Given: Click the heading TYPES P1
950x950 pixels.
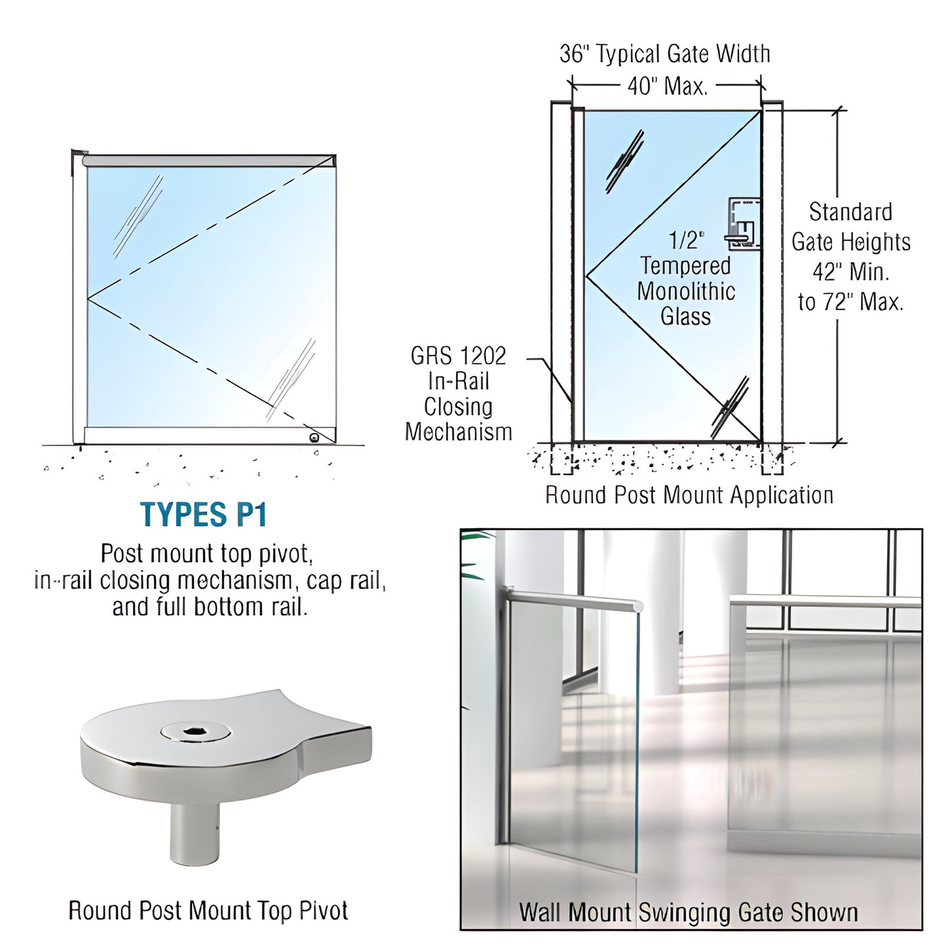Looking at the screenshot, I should (x=204, y=515).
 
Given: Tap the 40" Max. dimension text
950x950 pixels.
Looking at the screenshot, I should (x=667, y=86).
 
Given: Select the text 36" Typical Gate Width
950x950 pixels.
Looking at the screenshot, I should (x=665, y=54).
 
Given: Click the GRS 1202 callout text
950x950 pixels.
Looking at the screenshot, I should (x=458, y=356).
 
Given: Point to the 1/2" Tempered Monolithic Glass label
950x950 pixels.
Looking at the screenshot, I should (x=686, y=279).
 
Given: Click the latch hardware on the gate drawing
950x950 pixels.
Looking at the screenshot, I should (x=743, y=224).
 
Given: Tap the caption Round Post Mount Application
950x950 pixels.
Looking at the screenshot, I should (x=689, y=495).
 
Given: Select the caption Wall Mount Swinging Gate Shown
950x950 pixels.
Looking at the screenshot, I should (x=688, y=913).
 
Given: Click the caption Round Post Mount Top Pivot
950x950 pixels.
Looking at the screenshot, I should (x=208, y=911).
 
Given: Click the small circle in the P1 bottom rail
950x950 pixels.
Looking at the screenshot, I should (x=316, y=437).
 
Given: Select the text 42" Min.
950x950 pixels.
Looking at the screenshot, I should (x=851, y=272).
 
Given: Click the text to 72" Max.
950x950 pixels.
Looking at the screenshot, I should (x=851, y=302).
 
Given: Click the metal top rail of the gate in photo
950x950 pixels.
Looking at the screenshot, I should (x=572, y=598).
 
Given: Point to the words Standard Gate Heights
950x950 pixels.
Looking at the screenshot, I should (x=851, y=227).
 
